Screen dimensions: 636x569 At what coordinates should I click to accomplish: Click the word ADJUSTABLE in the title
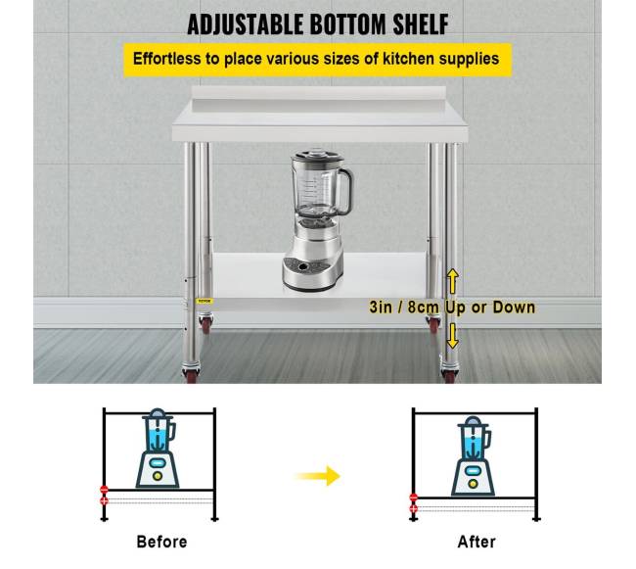[x=246, y=24]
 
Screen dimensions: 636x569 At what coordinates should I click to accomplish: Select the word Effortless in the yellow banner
[x=166, y=59]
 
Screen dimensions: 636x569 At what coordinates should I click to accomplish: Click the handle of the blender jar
[x=344, y=191]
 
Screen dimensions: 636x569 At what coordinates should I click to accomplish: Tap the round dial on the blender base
[x=302, y=266]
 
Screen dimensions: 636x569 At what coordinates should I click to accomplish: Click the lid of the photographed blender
[x=317, y=157]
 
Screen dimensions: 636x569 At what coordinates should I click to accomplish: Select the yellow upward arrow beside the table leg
[x=453, y=281]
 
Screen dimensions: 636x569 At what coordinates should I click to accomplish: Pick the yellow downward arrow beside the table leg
[x=452, y=336]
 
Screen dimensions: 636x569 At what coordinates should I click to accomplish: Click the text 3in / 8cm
[x=404, y=308]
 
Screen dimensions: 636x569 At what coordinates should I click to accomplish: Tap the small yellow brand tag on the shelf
[x=204, y=301]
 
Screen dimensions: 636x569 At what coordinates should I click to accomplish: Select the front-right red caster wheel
[x=449, y=374]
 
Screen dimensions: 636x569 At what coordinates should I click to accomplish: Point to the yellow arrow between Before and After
[x=318, y=476]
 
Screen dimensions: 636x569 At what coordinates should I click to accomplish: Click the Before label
[x=161, y=542]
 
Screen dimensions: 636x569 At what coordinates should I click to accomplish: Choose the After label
[x=477, y=542]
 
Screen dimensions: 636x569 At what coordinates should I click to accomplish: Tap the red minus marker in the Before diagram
[x=105, y=490]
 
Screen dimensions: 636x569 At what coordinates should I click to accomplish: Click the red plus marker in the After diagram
[x=413, y=508]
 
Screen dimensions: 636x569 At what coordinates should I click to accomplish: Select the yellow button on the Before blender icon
[x=158, y=476]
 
